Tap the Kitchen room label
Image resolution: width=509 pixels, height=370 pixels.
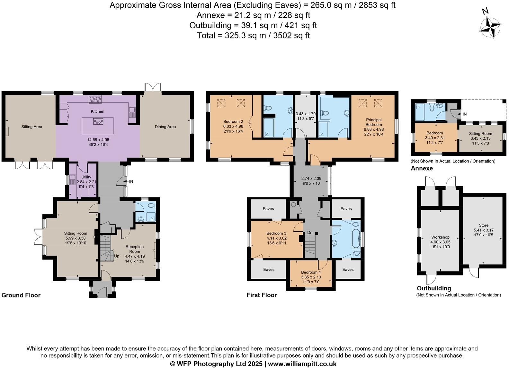(x=97, y=111)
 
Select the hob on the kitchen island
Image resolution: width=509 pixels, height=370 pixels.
(x=98, y=121)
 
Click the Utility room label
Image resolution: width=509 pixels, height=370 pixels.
(x=86, y=177)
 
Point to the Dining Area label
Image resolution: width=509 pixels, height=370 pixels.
(x=165, y=127)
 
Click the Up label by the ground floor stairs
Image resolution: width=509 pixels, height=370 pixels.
(x=117, y=256)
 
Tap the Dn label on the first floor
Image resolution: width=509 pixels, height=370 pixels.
(x=310, y=233)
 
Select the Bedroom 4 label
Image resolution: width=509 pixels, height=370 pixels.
(x=311, y=272)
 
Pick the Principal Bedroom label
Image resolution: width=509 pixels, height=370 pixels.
(x=374, y=122)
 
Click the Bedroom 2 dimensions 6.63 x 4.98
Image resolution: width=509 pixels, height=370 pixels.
(x=233, y=126)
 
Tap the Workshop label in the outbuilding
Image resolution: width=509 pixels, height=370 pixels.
(x=440, y=237)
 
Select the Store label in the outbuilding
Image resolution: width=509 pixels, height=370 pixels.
(x=483, y=225)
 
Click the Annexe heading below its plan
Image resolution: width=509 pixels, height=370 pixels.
(x=422, y=168)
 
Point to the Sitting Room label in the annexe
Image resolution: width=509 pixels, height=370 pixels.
(x=480, y=134)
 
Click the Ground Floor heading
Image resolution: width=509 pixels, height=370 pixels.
(x=21, y=295)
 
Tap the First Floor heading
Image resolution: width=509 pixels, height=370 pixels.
(x=262, y=295)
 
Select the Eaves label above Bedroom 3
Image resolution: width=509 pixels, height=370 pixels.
(x=268, y=209)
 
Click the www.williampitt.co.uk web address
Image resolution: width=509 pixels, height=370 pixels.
(x=302, y=364)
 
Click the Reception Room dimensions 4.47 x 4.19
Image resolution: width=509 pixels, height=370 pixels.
(x=135, y=256)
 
